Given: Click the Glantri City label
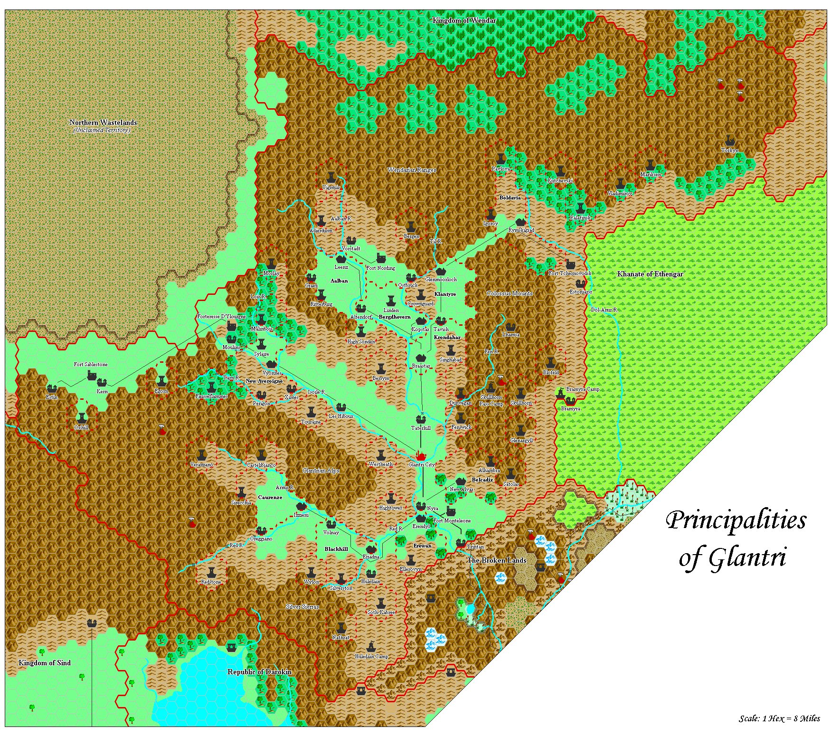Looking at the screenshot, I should (422, 464).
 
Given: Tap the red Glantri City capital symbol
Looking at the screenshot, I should (421, 455).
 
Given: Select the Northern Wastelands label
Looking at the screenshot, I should (103, 123).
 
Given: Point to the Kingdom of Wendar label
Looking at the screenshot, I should (464, 20).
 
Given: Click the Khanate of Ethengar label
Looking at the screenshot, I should (650, 274).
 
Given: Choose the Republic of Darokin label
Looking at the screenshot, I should (259, 671).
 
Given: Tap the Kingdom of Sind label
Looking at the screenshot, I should (44, 663).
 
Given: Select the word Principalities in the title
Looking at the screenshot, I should (736, 520).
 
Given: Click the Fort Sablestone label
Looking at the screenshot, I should (90, 364).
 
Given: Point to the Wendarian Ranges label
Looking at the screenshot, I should (412, 170).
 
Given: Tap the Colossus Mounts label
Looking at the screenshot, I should (510, 293).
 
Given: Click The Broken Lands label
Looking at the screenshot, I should (497, 560).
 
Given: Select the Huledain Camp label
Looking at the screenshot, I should (371, 656).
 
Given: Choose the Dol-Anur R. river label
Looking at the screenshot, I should (604, 310).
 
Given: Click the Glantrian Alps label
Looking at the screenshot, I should (321, 471).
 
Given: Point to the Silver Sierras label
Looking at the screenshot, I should (302, 606).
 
